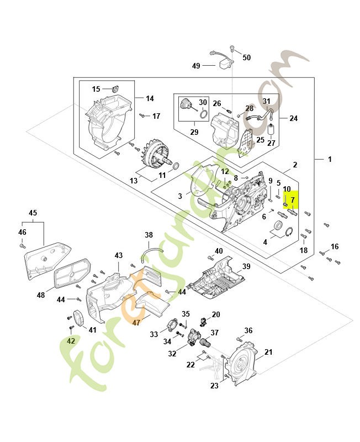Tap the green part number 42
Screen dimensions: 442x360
point(71,341)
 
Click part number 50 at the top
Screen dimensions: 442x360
point(246,57)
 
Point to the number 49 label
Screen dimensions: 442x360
point(196,66)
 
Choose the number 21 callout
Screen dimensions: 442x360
point(268,352)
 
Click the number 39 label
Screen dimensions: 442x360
point(246,266)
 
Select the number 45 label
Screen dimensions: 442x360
point(33,213)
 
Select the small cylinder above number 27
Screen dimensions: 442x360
point(271,131)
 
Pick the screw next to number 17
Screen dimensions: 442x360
point(142,116)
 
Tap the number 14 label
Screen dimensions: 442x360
point(150,98)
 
